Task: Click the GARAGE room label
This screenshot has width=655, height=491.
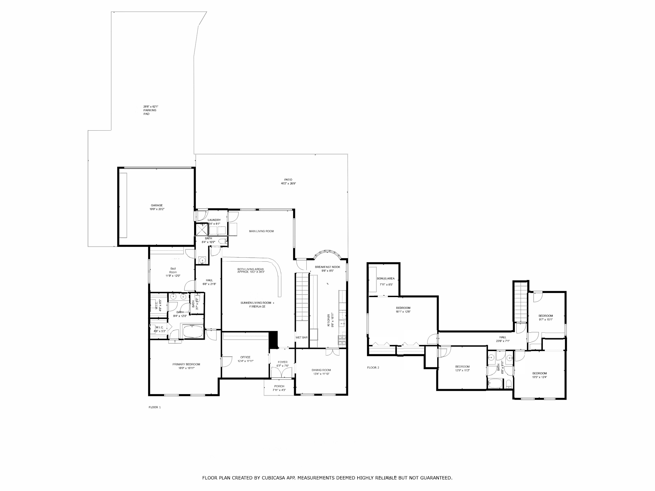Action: [157, 205]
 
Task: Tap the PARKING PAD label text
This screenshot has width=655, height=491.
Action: [150, 112]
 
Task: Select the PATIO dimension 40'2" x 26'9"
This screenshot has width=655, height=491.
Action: [288, 183]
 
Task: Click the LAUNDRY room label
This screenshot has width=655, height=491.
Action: [214, 220]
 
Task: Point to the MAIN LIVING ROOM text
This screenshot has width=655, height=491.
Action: [261, 231]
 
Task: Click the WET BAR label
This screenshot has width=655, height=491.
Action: [301, 337]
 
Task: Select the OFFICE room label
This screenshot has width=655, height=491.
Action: [245, 357]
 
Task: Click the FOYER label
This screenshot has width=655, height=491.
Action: [283, 362]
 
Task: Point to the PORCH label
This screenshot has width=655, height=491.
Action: [279, 386]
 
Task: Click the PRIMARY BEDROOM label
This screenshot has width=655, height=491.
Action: [186, 364]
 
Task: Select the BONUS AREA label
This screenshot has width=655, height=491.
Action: [386, 279]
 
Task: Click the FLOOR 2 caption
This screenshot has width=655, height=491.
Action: [373, 368]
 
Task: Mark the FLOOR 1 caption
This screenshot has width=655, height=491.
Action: [155, 407]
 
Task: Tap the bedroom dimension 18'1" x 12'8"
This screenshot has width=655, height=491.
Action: [403, 312]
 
